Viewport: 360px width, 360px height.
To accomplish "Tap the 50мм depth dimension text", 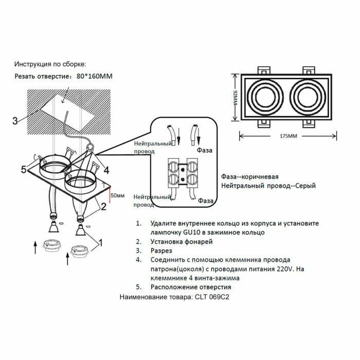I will (x=118, y=195).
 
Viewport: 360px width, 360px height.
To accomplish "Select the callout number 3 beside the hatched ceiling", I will (x=15, y=121).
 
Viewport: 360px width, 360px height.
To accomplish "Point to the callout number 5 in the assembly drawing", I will (x=23, y=169).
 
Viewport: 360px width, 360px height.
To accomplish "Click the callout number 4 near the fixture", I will (x=105, y=169).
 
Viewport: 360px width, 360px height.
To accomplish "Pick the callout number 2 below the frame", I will (x=103, y=207).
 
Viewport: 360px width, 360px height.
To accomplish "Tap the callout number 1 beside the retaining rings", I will (x=101, y=242).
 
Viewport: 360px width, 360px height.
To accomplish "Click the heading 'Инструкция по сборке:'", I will (x=50, y=64).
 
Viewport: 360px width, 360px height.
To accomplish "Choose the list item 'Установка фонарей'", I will (x=182, y=241).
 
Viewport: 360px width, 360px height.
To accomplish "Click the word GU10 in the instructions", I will (x=191, y=232).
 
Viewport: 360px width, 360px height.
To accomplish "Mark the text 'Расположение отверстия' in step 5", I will (x=191, y=287).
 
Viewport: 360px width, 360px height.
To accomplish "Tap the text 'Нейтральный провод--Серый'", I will (x=268, y=185).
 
